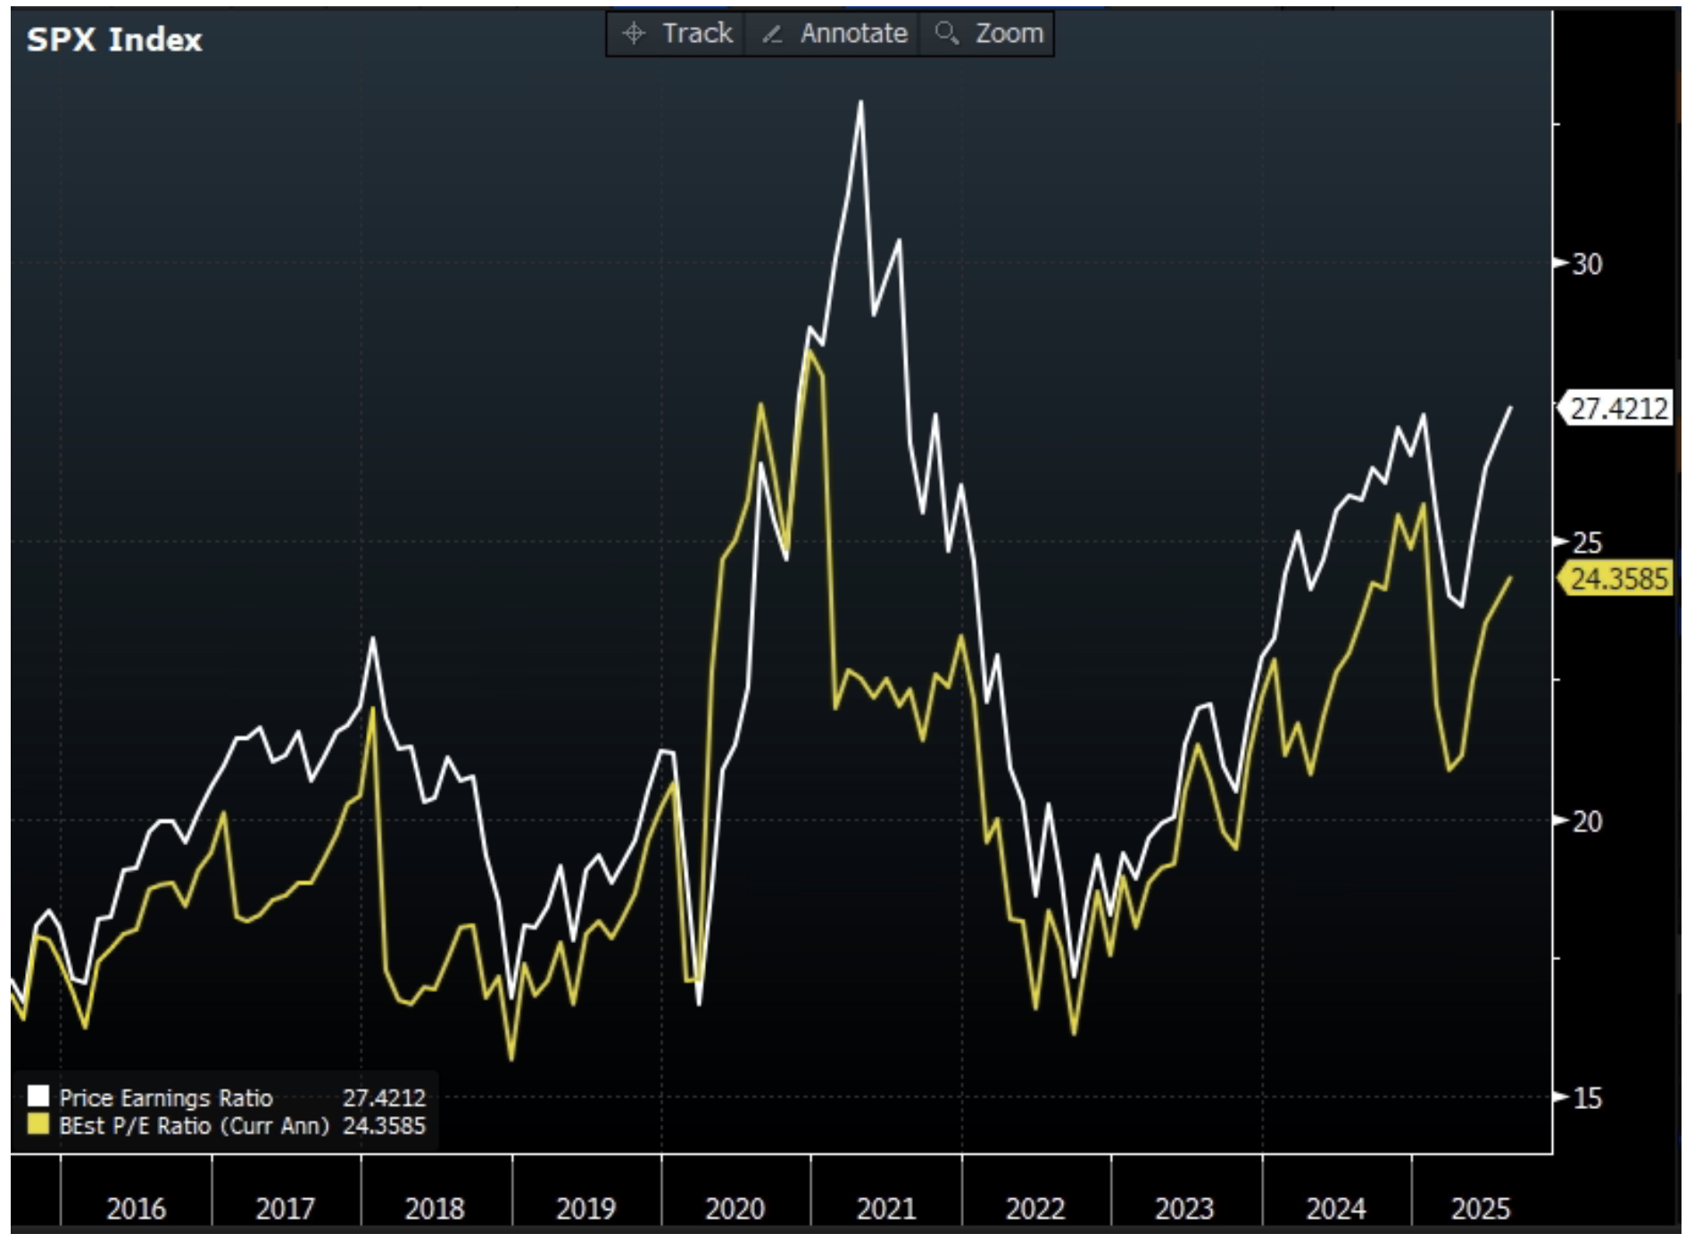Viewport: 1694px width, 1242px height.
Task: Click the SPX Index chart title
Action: click(x=114, y=40)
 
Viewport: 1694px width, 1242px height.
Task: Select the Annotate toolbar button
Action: click(x=834, y=34)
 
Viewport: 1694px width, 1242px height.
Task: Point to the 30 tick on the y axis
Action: click(x=1586, y=264)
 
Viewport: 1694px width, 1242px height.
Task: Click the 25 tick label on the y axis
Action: click(x=1586, y=542)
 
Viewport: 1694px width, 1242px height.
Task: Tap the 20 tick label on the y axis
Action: click(x=1586, y=821)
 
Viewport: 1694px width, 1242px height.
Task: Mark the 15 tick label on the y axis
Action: click(x=1586, y=1098)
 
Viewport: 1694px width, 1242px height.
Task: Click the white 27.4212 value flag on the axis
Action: click(x=1617, y=409)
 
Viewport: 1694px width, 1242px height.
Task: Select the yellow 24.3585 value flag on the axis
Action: click(x=1617, y=579)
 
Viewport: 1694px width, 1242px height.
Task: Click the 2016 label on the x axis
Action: click(x=136, y=1209)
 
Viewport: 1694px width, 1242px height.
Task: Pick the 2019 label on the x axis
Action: click(x=585, y=1209)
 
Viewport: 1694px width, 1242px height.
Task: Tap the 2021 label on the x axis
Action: click(x=885, y=1209)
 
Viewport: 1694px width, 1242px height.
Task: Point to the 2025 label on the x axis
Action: click(x=1481, y=1209)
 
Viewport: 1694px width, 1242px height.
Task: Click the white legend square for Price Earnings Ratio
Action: click(x=38, y=1097)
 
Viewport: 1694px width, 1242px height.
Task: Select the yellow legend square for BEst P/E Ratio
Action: click(x=38, y=1124)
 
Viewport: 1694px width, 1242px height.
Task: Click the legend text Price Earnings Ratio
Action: click(x=166, y=1097)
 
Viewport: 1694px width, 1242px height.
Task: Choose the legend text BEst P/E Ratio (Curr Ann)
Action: click(x=194, y=1126)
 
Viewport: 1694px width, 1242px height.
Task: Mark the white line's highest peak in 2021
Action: click(x=861, y=102)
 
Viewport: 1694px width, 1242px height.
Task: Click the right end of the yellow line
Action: click(x=1510, y=578)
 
